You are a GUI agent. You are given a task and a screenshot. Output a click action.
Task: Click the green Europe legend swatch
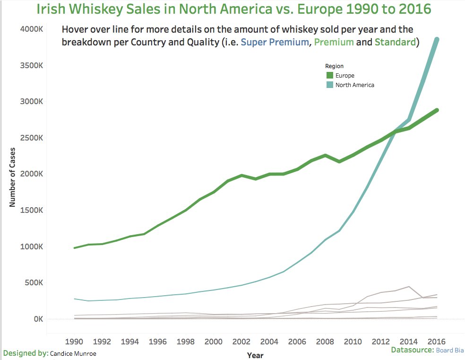point(329,75)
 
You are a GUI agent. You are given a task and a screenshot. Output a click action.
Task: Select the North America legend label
point(354,85)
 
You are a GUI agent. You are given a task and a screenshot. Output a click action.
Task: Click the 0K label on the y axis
point(38,319)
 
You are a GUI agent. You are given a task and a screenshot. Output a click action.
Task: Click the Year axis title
point(255,355)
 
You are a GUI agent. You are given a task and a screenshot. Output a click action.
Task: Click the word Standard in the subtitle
point(395,42)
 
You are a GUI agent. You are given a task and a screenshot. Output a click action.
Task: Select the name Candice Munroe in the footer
point(74,353)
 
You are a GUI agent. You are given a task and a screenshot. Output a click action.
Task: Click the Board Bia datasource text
point(449,350)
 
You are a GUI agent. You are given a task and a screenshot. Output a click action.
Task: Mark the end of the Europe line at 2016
point(437,110)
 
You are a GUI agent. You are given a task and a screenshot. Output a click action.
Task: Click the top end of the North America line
point(437,40)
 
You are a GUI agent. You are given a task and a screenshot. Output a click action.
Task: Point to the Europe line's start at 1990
point(74,248)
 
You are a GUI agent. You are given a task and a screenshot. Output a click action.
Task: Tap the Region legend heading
point(334,66)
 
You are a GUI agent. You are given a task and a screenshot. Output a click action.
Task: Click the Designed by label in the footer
point(25,353)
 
